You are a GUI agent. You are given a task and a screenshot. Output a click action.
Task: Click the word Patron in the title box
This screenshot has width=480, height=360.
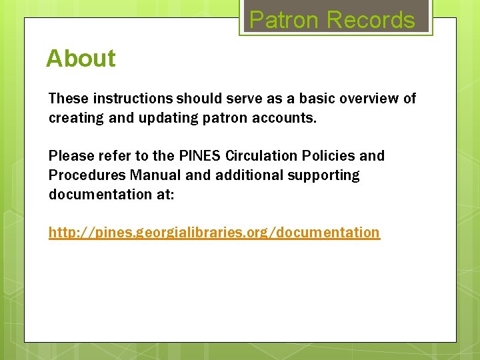(x=284, y=20)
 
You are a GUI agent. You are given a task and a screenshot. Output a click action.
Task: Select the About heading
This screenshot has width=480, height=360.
(x=81, y=59)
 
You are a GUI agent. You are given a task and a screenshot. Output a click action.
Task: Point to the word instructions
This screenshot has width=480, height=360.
(x=133, y=99)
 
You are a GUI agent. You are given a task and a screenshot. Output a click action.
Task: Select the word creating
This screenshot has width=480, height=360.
(x=73, y=118)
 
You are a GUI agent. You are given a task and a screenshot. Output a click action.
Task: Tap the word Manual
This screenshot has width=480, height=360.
(x=155, y=175)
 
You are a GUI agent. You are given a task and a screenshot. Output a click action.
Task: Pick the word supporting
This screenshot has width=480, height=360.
(x=326, y=175)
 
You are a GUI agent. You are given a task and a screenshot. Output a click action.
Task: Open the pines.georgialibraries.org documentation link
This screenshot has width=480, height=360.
(x=214, y=233)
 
